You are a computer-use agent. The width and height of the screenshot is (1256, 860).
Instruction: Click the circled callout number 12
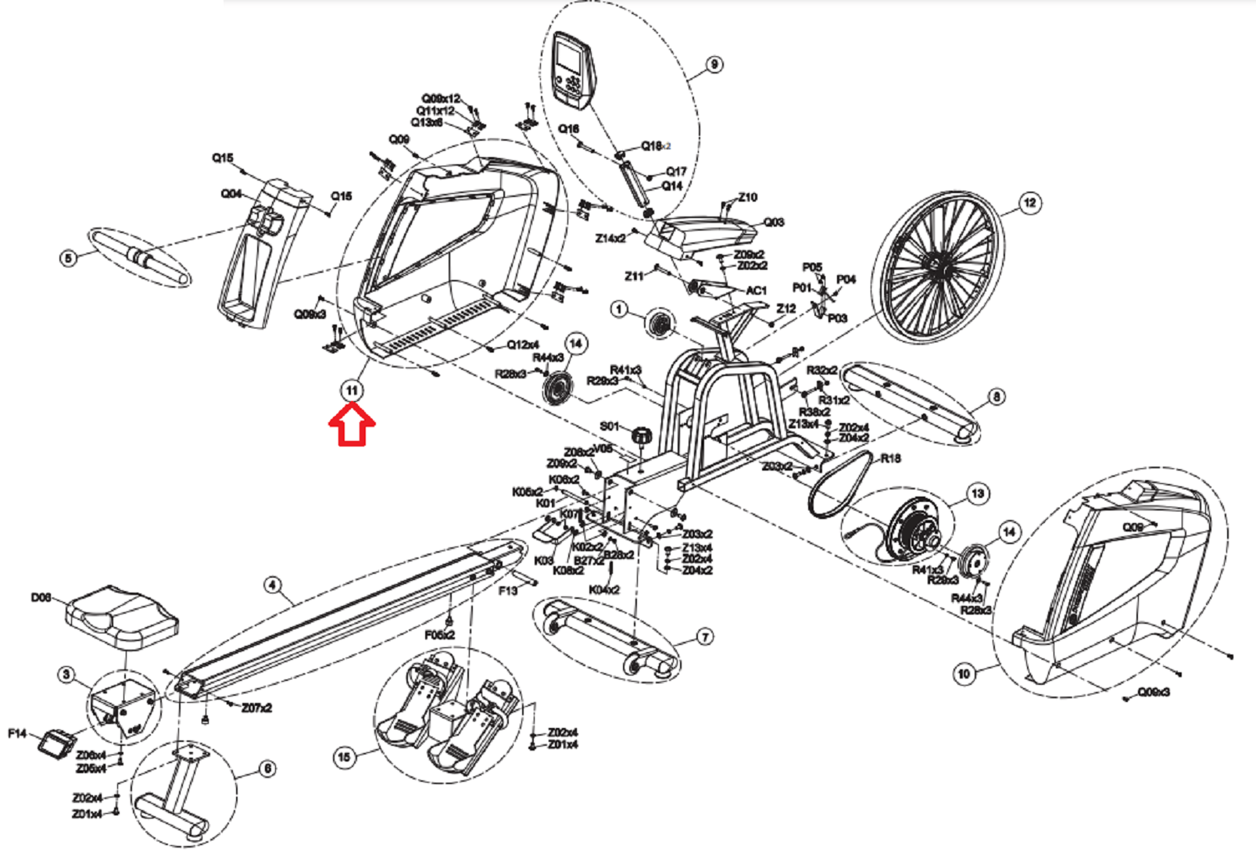(x=1030, y=203)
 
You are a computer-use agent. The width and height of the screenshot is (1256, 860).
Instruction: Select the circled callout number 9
(x=714, y=65)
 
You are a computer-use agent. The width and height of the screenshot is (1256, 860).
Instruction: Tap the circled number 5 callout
(x=70, y=256)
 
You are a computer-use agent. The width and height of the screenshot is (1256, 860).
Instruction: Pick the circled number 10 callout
(x=964, y=673)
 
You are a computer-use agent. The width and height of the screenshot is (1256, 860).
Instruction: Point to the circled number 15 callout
(x=344, y=756)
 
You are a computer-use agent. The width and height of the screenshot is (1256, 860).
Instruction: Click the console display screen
(x=569, y=56)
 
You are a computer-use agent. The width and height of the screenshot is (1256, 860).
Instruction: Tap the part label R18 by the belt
(x=890, y=458)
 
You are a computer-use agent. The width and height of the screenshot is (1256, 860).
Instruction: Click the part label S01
(x=610, y=426)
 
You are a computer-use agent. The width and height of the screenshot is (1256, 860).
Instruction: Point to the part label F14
(x=17, y=733)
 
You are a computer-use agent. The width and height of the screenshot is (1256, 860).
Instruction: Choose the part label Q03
(x=773, y=222)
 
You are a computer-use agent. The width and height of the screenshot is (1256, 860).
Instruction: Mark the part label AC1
(x=756, y=290)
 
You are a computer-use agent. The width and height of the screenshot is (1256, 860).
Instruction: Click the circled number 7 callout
(x=704, y=637)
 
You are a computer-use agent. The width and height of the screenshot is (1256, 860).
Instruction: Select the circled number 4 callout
(x=272, y=585)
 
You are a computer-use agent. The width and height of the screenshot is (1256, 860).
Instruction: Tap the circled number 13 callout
(x=977, y=493)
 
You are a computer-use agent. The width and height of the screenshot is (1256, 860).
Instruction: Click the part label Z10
(x=747, y=197)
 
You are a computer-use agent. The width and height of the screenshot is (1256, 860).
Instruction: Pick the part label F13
(x=508, y=590)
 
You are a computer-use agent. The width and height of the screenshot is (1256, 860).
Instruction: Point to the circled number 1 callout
(x=619, y=310)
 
